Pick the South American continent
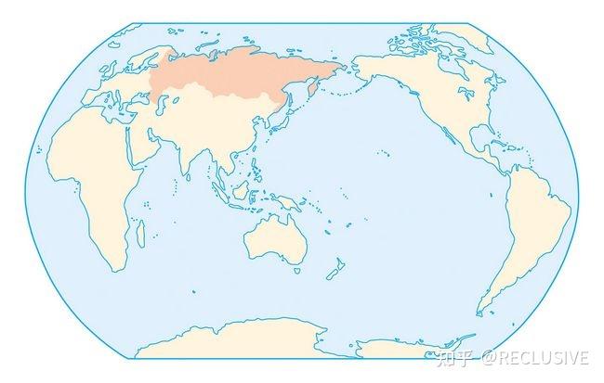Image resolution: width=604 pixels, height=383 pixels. pyautogui.click(x=530, y=223)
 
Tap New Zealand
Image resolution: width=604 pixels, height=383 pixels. pyautogui.click(x=333, y=271)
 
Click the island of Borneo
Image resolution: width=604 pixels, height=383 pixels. pyautogui.click(x=241, y=191)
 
